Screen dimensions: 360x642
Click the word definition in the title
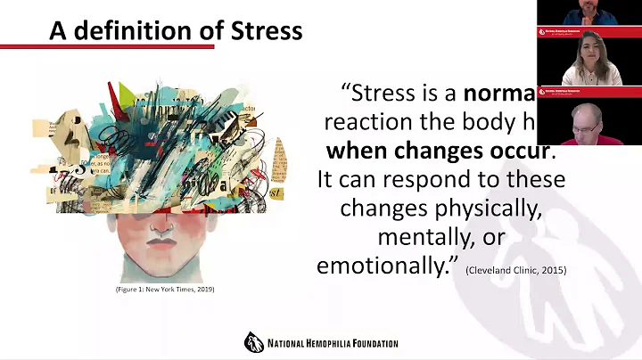(128, 31)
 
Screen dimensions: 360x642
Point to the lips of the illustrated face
(160, 241)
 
